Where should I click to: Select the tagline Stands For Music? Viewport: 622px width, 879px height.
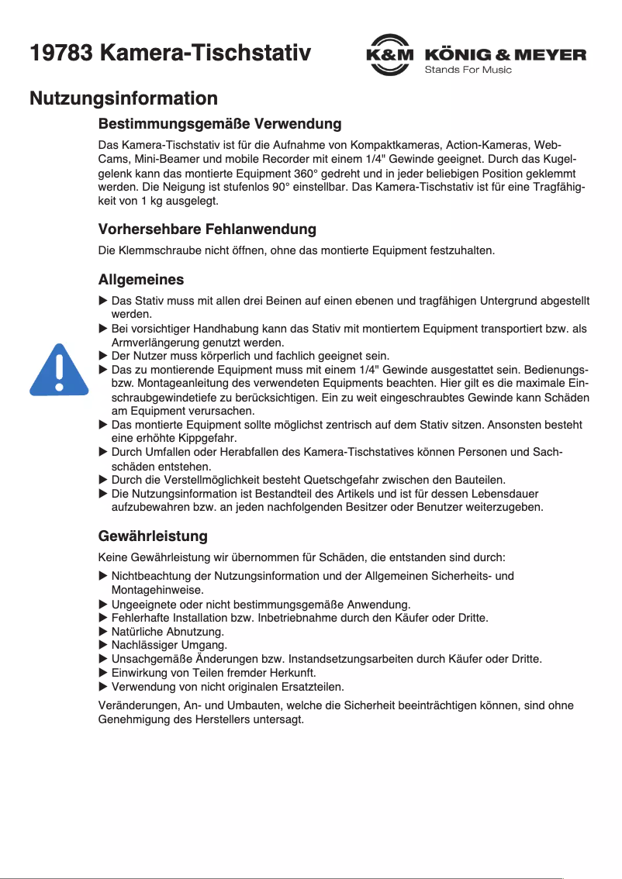tap(468, 71)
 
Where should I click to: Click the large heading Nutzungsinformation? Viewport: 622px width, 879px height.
tap(123, 98)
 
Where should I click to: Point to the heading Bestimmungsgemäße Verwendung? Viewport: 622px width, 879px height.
tap(219, 124)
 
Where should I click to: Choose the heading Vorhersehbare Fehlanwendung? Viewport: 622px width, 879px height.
tap(207, 229)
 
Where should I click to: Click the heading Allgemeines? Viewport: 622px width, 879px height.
tap(140, 279)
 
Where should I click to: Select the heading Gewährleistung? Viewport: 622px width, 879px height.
tap(153, 536)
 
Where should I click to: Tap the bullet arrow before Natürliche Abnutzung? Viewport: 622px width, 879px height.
tap(103, 632)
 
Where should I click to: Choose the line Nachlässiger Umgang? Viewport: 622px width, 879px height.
tap(169, 645)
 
